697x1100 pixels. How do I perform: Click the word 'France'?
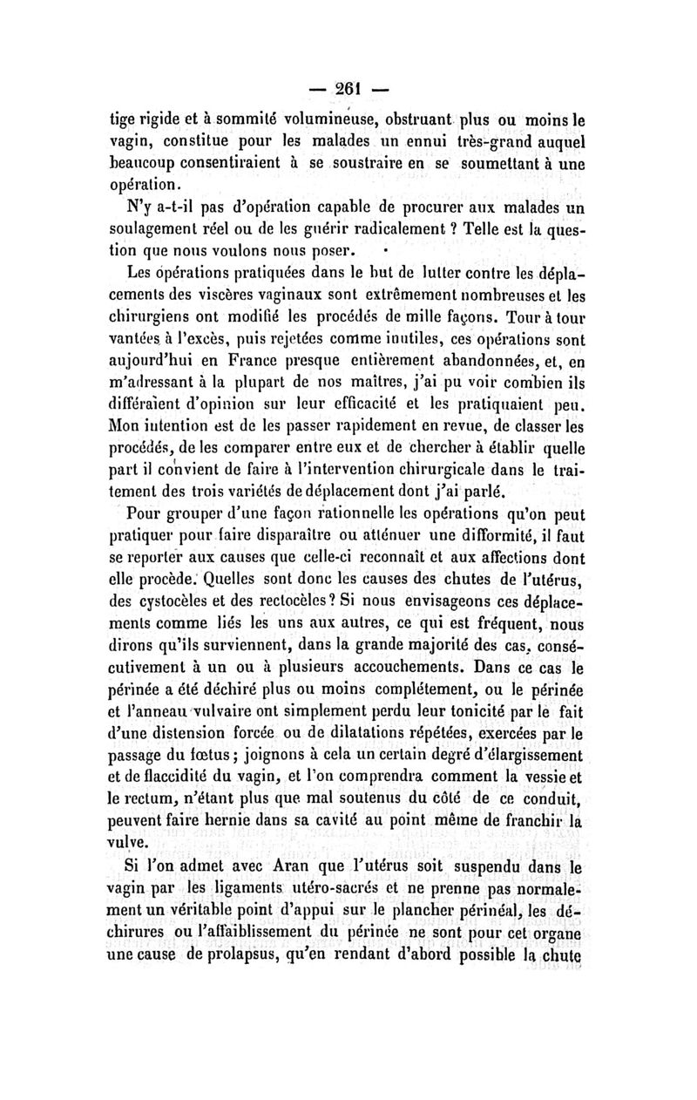coord(287,360)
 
